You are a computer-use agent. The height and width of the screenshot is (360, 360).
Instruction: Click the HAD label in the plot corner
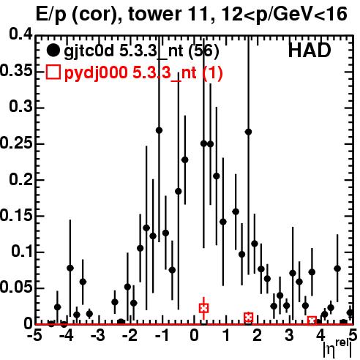pyautogui.click(x=310, y=50)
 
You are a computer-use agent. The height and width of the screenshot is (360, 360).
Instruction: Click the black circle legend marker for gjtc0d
pyautogui.click(x=53, y=50)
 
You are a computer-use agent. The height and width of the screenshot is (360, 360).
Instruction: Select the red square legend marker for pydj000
pyautogui.click(x=53, y=72)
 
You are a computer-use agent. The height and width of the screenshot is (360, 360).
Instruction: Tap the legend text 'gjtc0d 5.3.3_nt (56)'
pyautogui.click(x=141, y=51)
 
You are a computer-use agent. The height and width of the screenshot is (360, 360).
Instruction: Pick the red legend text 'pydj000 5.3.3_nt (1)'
pyautogui.click(x=143, y=73)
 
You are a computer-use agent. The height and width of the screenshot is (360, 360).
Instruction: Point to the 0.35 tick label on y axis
pyautogui.click(x=16, y=71)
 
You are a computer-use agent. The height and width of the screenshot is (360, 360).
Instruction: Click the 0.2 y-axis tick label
pyautogui.click(x=20, y=179)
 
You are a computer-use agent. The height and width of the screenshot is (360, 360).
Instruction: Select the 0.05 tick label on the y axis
pyautogui.click(x=16, y=288)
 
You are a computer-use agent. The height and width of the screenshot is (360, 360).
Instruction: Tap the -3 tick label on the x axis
pyautogui.click(x=97, y=335)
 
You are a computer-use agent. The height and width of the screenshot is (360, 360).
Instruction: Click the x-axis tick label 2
pyautogui.click(x=258, y=335)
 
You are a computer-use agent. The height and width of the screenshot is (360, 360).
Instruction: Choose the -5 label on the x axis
pyautogui.click(x=34, y=335)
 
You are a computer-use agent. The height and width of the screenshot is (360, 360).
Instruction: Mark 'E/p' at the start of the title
pyautogui.click(x=51, y=15)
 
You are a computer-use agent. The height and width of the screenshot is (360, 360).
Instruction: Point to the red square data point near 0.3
pyautogui.click(x=204, y=308)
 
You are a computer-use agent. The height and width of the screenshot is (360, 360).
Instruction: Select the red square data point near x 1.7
pyautogui.click(x=248, y=318)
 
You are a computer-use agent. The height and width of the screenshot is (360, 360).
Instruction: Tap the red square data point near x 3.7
pyautogui.click(x=312, y=320)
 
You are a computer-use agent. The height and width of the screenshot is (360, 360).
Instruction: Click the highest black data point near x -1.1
pyautogui.click(x=159, y=130)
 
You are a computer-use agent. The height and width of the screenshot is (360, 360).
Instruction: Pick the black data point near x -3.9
pyautogui.click(x=70, y=268)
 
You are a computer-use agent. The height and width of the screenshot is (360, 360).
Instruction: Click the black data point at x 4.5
pyautogui.click(x=337, y=269)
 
